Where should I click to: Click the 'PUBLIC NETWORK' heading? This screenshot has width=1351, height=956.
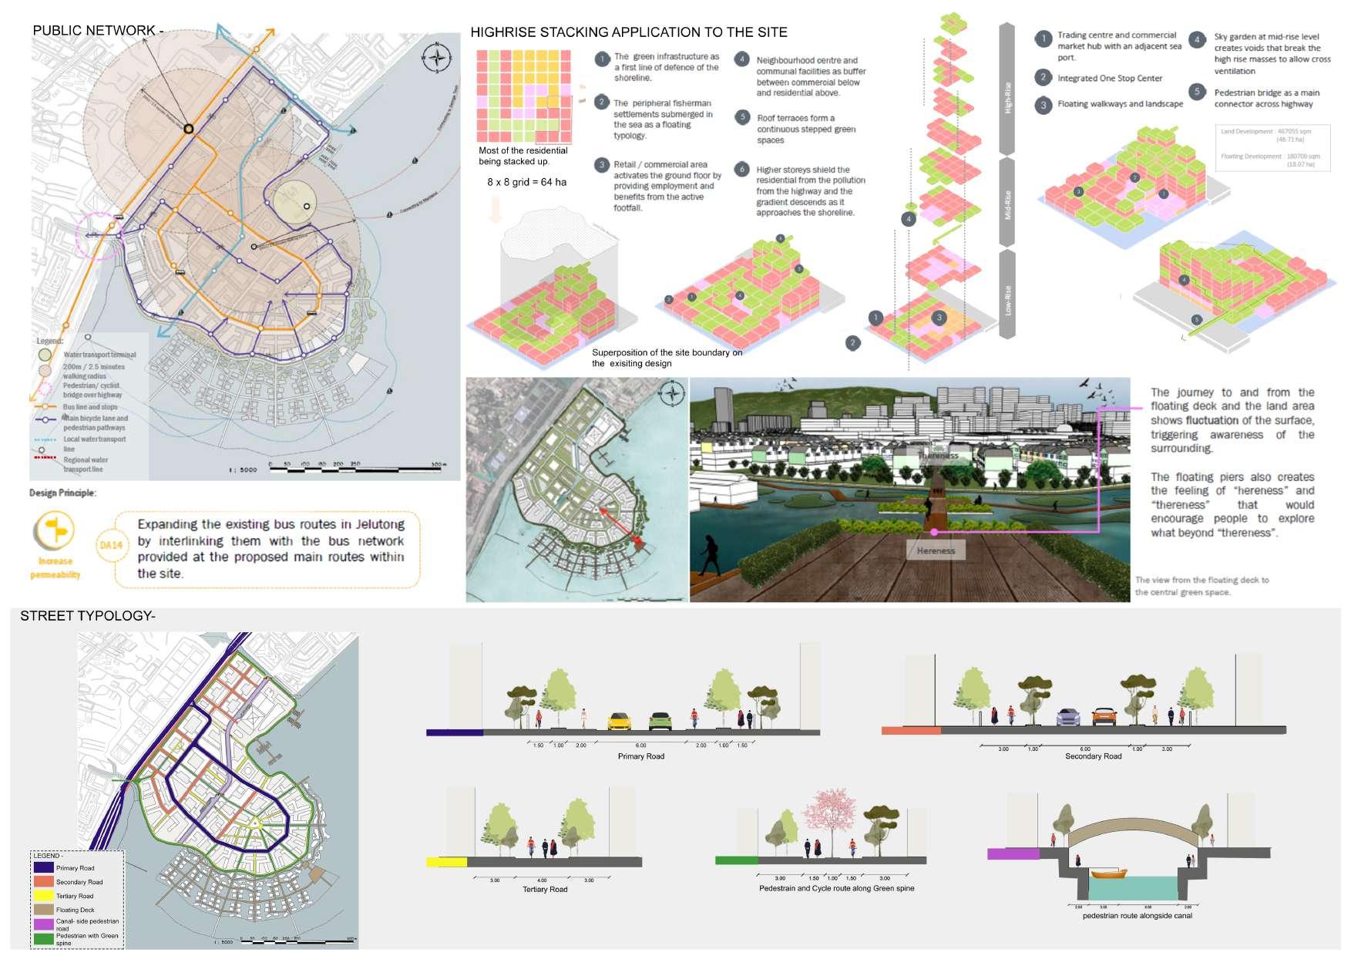97,31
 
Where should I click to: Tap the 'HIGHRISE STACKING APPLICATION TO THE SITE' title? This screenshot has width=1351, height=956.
629,32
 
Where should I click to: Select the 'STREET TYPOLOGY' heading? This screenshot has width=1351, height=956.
88,615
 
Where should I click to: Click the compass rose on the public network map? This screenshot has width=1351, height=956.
437,58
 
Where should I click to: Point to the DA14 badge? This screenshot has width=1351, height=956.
111,545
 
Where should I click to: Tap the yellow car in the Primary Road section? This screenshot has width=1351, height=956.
619,722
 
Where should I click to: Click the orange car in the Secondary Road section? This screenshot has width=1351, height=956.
1104,717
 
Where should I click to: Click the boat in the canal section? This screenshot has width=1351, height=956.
1109,874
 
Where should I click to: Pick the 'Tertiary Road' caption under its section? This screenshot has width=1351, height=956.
545,890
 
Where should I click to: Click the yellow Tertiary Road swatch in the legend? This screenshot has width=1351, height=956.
43,896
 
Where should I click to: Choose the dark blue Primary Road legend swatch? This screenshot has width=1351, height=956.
43,867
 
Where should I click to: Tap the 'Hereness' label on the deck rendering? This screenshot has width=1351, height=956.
936,550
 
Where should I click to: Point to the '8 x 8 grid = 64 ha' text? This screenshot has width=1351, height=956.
526,182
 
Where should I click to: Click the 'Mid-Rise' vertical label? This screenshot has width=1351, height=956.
1007,205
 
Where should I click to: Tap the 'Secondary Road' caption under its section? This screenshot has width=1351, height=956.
1093,756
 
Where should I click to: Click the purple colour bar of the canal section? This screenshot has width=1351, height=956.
1013,853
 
